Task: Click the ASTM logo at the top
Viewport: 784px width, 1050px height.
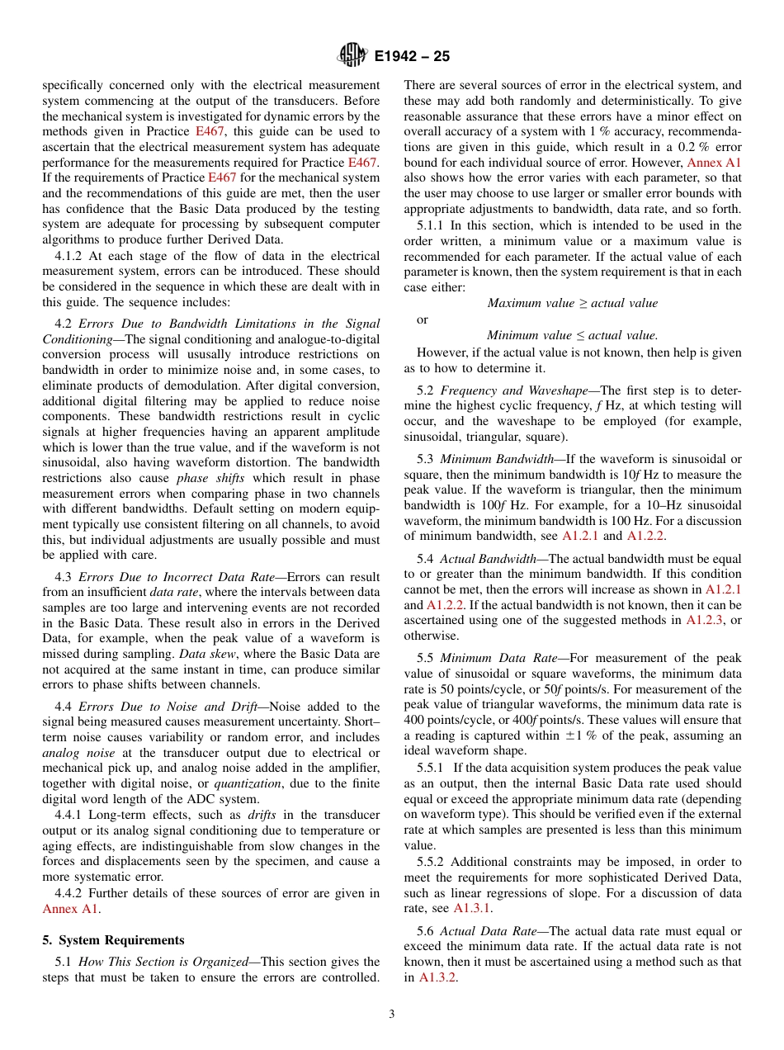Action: click(x=352, y=56)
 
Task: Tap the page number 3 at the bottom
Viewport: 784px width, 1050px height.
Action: click(x=392, y=1015)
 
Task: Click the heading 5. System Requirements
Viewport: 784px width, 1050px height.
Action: click(x=113, y=940)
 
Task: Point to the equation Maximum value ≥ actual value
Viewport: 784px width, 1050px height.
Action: click(x=573, y=303)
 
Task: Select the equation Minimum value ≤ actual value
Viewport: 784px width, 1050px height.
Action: click(x=573, y=335)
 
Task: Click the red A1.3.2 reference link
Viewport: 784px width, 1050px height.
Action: click(x=438, y=977)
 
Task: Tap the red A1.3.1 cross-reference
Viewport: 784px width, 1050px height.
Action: click(x=473, y=908)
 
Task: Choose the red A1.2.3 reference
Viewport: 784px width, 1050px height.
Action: click(x=706, y=620)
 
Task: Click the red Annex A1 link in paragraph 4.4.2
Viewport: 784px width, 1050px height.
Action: click(x=71, y=909)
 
